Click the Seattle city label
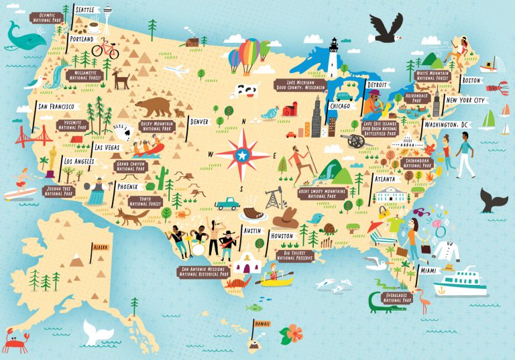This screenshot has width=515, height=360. [85, 11]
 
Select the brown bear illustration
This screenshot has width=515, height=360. [154, 106]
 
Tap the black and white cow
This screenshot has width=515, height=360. [247, 90]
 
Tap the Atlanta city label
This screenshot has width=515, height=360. [385, 179]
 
